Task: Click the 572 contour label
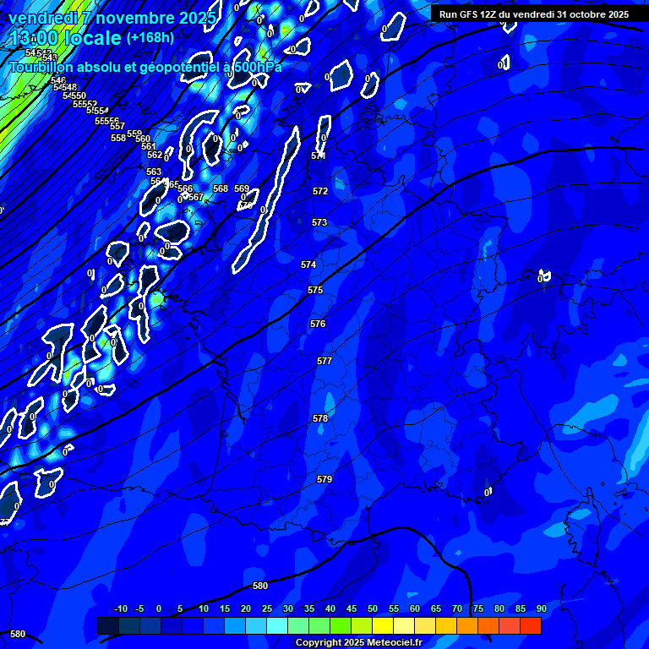(x=320, y=192)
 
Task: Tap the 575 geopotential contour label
(x=315, y=290)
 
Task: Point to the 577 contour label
(x=324, y=361)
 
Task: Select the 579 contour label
(x=324, y=479)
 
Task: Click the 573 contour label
(x=319, y=222)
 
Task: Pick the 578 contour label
(x=320, y=418)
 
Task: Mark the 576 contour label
(x=318, y=324)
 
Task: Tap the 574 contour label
(x=308, y=265)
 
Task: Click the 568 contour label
(x=221, y=188)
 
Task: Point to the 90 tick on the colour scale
(x=541, y=608)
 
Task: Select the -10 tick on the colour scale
(x=120, y=608)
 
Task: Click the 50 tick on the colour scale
(x=373, y=608)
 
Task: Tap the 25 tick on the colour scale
(x=267, y=608)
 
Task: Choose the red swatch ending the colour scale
(x=531, y=625)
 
